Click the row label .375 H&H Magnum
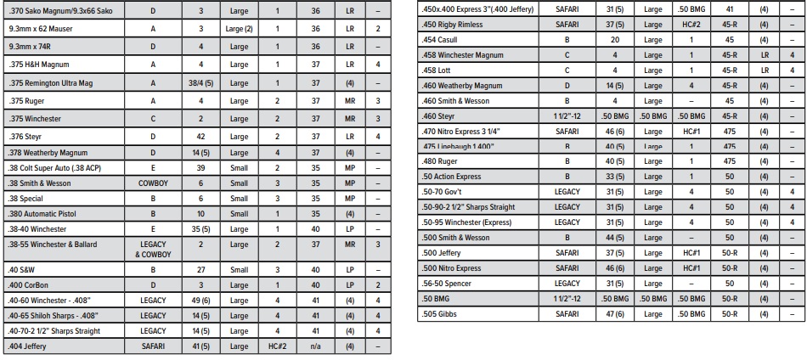pos(39,65)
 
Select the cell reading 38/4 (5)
pos(201,83)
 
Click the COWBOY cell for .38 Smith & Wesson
pos(153,183)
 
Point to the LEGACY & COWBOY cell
pos(153,249)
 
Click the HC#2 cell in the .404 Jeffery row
pos(277,346)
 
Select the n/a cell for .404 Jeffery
pos(315,346)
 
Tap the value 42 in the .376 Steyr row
pos(201,136)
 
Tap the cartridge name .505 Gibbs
pos(440,314)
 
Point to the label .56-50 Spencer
pos(448,284)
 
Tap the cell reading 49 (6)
pos(201,301)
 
